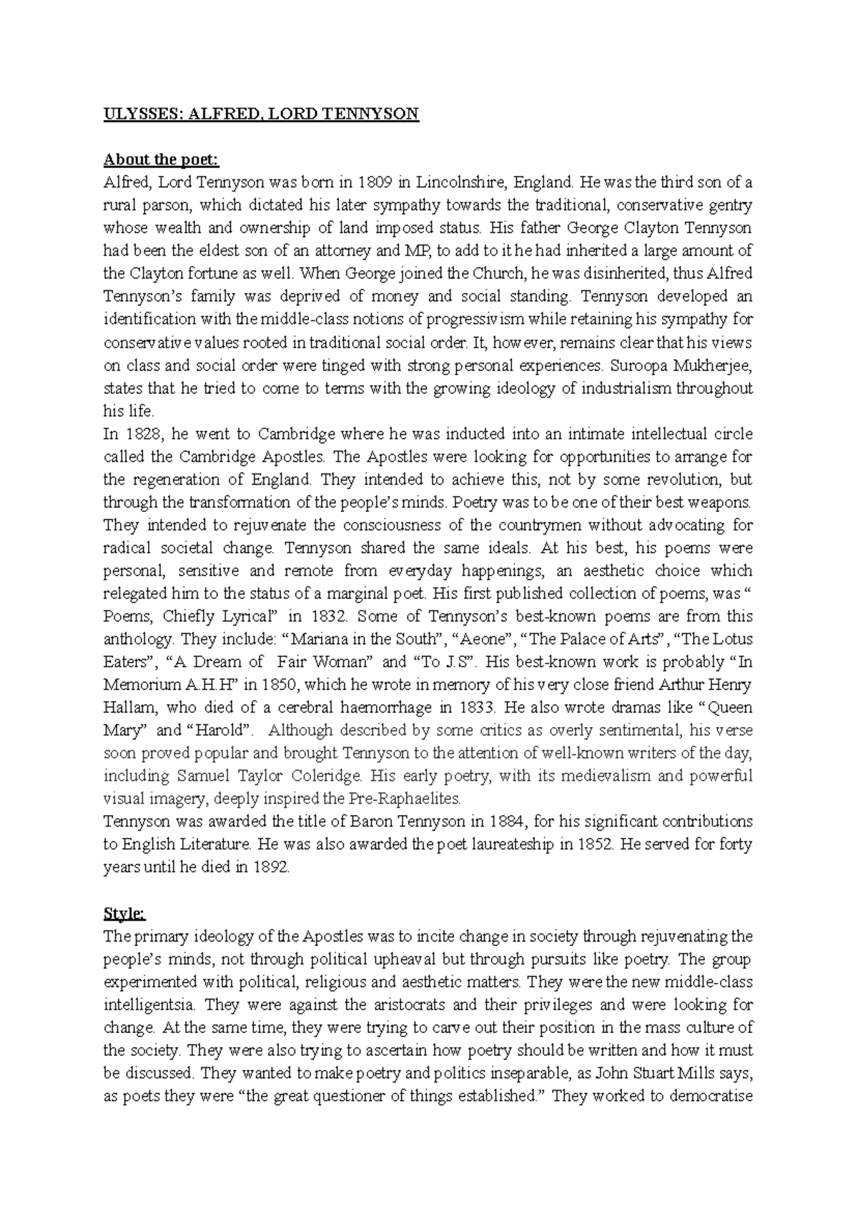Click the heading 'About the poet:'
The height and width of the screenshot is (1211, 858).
pos(149,160)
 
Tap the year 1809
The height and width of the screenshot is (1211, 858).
pos(375,183)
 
